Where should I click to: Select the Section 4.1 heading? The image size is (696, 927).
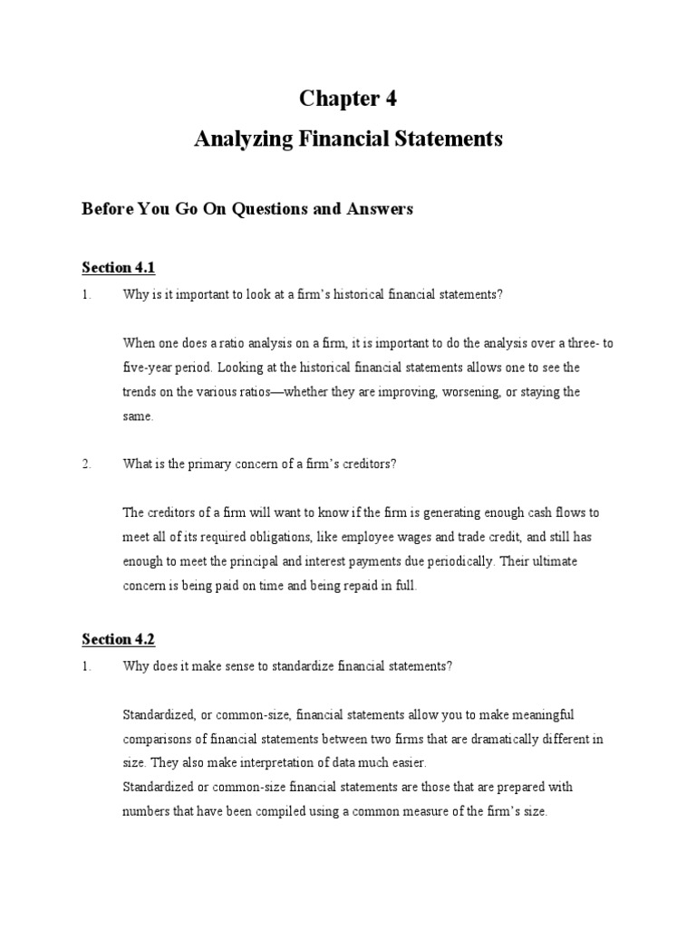119,267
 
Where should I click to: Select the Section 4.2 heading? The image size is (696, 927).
119,639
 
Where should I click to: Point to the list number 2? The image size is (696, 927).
86,463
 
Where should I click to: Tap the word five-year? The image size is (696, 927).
148,368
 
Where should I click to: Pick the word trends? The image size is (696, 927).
140,392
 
